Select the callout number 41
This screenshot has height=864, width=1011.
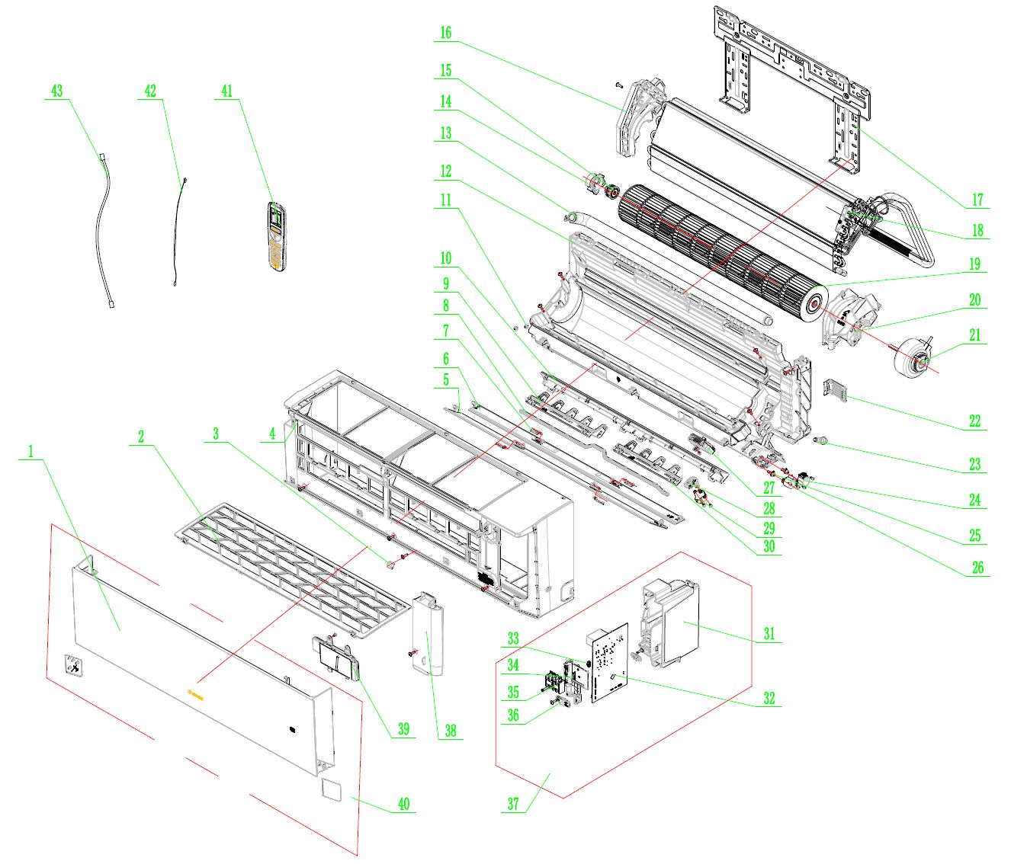click(x=226, y=91)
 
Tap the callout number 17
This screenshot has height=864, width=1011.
click(x=977, y=200)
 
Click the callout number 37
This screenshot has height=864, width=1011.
click(x=512, y=805)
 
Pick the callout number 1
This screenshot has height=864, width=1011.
click(x=31, y=452)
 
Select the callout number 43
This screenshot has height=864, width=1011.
click(x=56, y=91)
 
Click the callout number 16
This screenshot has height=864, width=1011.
click(x=445, y=33)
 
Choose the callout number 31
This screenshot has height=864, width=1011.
click(x=769, y=633)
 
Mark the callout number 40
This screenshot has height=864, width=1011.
click(x=403, y=804)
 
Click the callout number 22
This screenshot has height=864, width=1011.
click(x=974, y=421)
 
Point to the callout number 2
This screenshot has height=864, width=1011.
click(x=141, y=437)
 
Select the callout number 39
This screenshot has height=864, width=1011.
click(x=403, y=728)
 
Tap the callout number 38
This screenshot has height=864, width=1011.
click(x=450, y=731)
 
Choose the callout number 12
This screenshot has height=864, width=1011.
click(x=445, y=171)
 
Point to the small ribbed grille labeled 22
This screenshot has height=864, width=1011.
click(x=836, y=388)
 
